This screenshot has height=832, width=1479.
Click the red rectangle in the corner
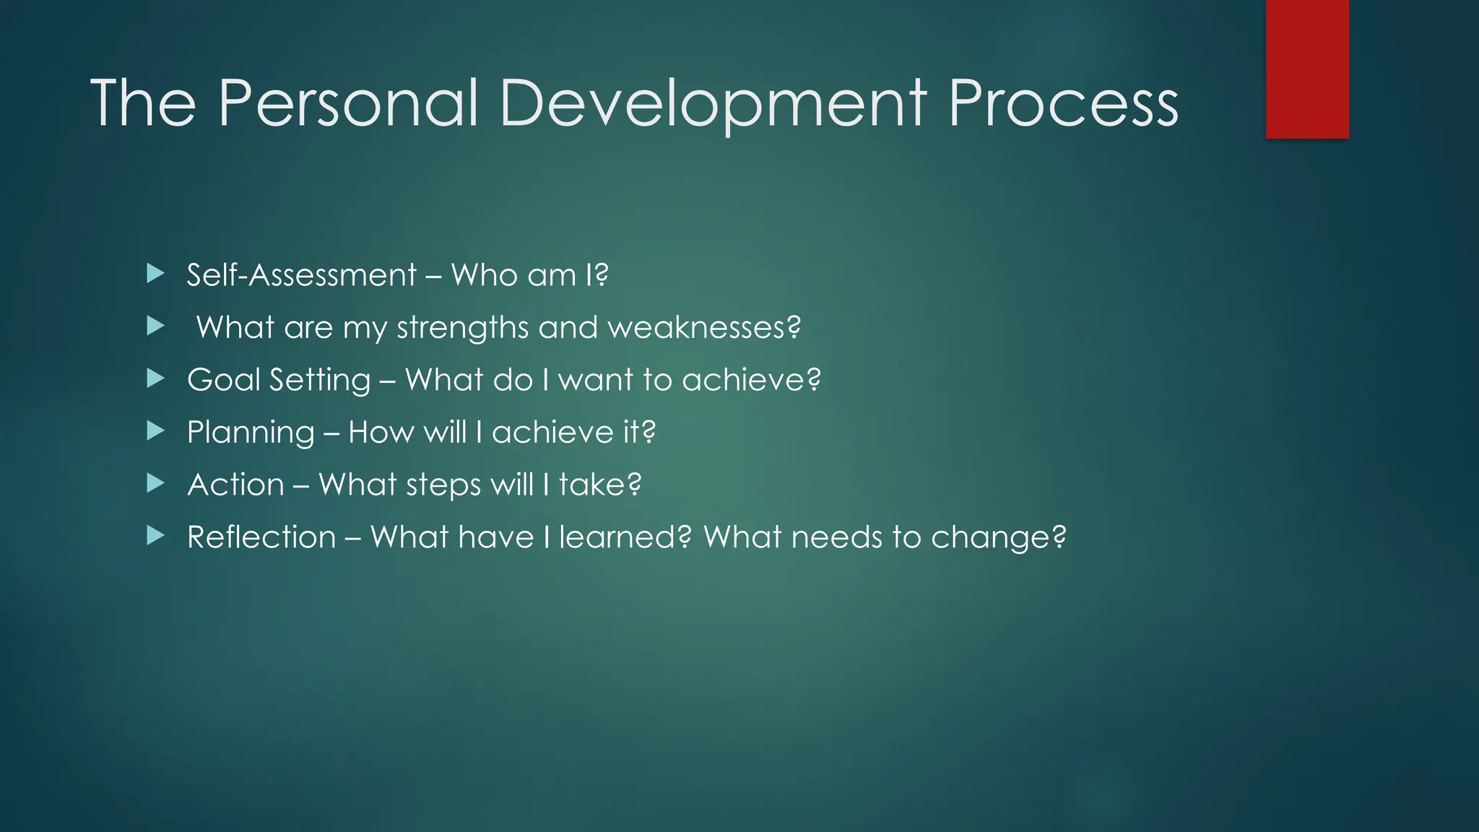pos(1307,69)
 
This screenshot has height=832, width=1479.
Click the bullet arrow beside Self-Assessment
pos(155,274)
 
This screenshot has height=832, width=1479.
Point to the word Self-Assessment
pos(301,275)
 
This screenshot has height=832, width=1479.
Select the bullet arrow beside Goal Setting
pos(155,378)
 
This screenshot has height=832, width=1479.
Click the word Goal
pos(223,380)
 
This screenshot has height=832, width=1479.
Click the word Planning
pos(251,433)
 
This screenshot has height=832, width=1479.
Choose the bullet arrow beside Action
pos(155,483)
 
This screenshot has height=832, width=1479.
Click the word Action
pos(235,485)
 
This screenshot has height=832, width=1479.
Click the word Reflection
pos(261,537)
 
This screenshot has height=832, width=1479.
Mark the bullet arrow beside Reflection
pos(155,536)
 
